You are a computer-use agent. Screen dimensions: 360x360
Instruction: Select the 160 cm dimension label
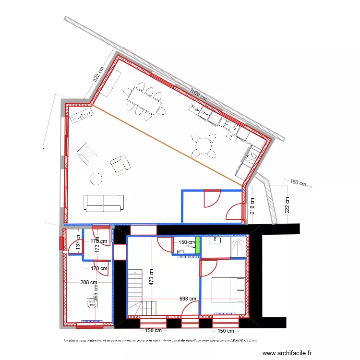tap(298, 182)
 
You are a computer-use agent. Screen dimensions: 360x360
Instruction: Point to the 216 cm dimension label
tap(253, 205)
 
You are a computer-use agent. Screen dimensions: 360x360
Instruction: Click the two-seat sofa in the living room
tap(103, 203)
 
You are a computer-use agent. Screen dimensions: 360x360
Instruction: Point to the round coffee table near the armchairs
tap(96, 179)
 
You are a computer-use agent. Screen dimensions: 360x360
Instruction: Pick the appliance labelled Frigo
tap(195, 109)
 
